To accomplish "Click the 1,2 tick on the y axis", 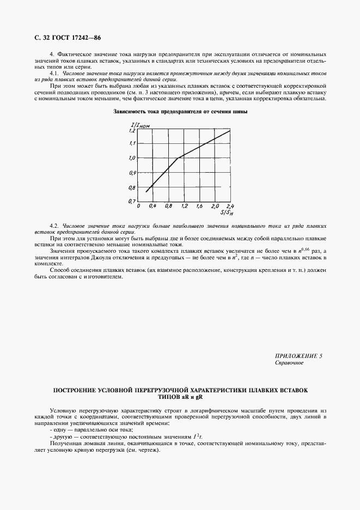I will coord(131,131).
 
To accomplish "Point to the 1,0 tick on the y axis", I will coord(131,159).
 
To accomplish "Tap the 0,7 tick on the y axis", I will coord(131,202).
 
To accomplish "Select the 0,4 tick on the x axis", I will coord(153,207).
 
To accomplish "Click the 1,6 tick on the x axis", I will coord(199,207).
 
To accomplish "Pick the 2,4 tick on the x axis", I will coord(229,207).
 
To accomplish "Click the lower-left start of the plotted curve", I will coord(145,192).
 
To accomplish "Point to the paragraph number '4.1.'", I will coord(54,73).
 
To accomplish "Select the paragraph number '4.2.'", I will coord(54,226).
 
